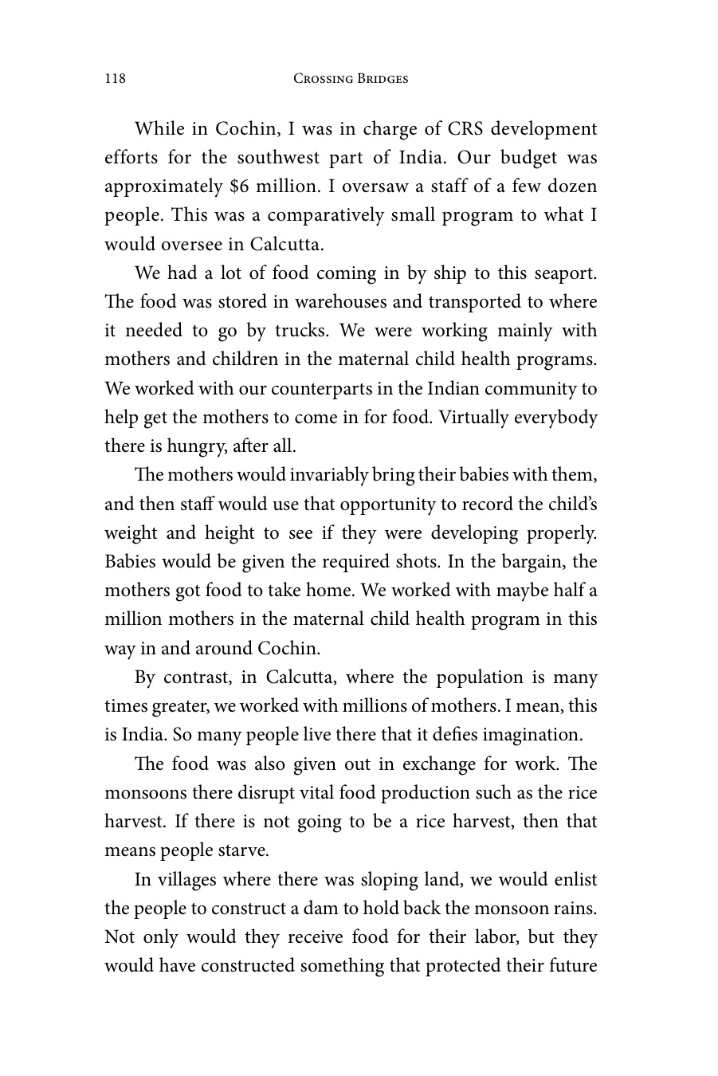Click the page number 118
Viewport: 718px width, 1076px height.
(x=115, y=78)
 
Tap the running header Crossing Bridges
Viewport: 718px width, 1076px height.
(x=351, y=78)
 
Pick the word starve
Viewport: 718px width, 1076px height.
(x=242, y=850)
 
